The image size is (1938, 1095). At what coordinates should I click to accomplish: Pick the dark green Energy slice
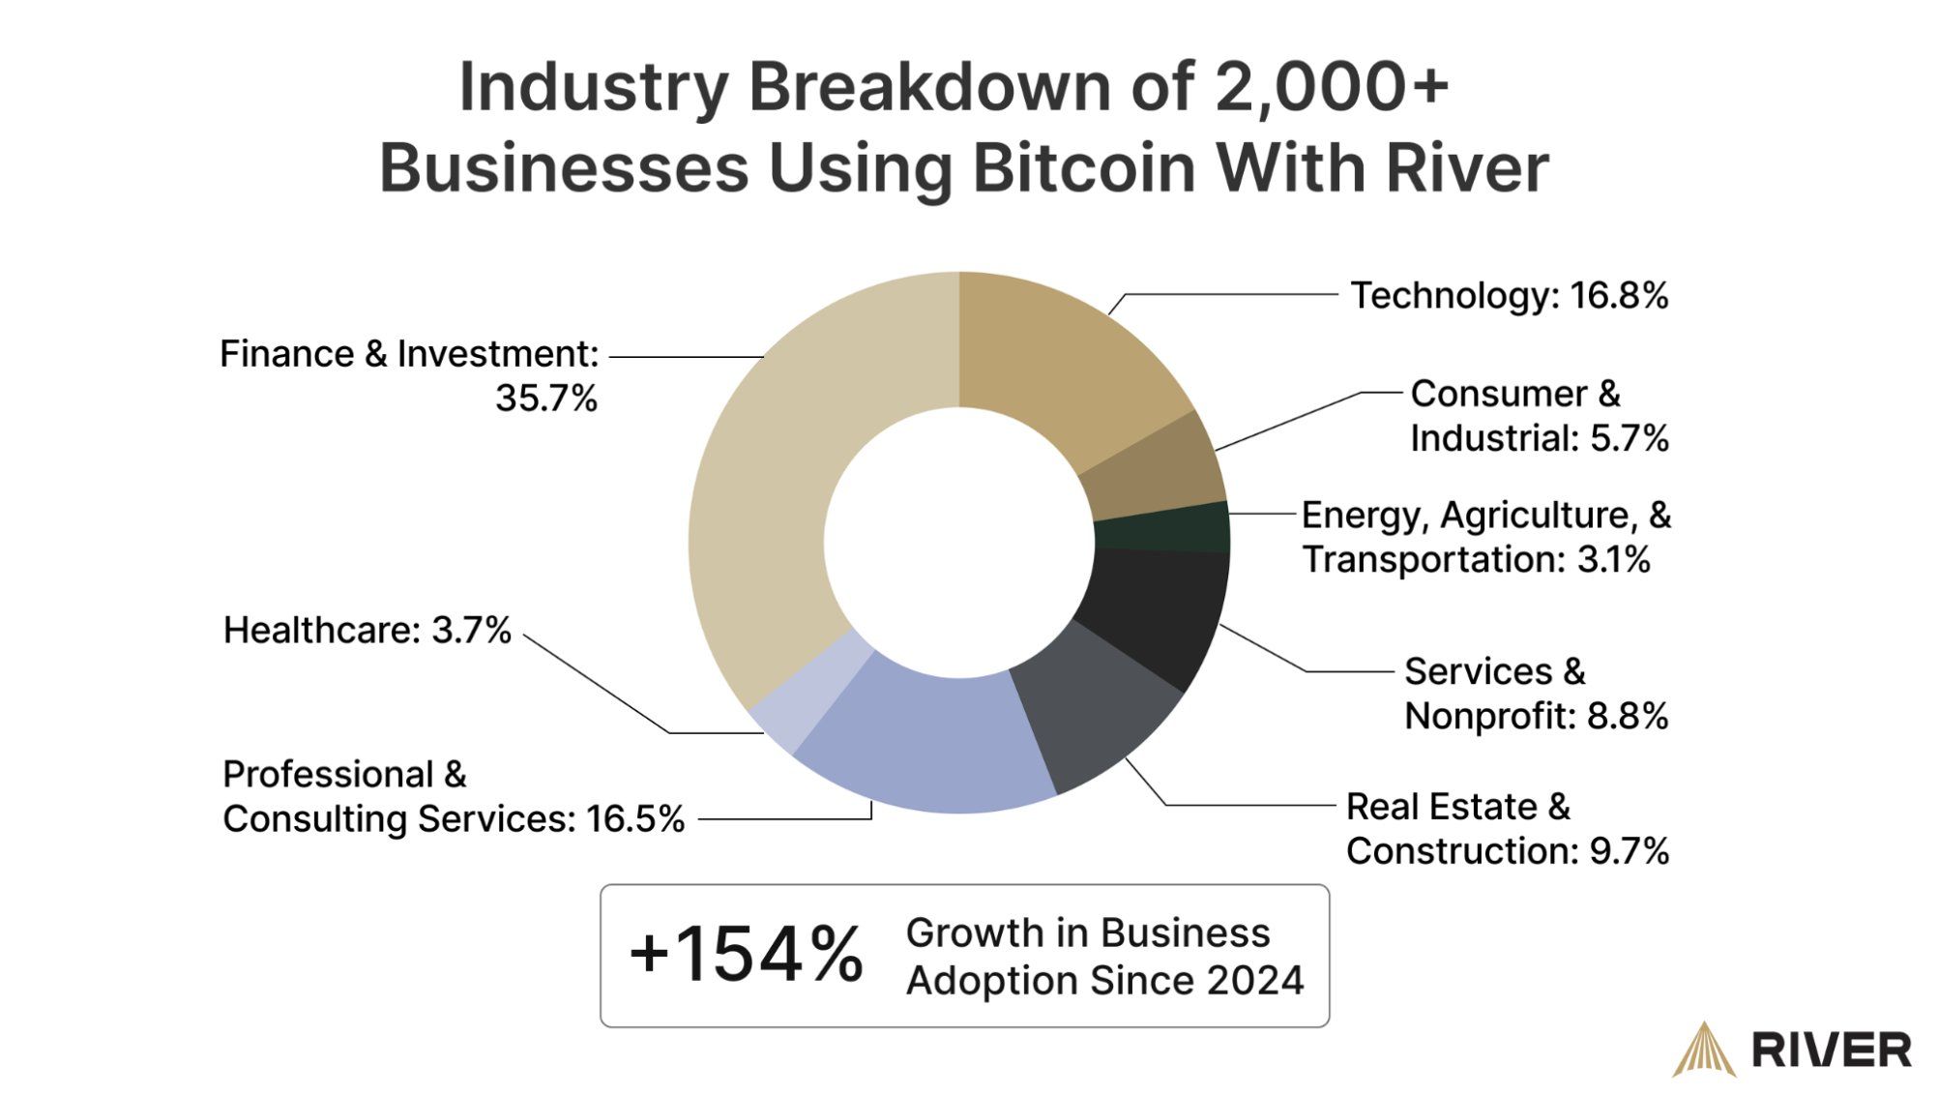click(1160, 527)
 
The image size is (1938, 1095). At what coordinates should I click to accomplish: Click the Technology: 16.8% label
click(1509, 296)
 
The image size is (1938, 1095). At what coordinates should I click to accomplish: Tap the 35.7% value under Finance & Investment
click(546, 399)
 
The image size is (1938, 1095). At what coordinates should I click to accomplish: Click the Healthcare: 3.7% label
click(367, 631)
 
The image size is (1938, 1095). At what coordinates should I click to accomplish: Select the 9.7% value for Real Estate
click(1630, 852)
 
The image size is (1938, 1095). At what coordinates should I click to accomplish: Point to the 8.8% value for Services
click(1630, 717)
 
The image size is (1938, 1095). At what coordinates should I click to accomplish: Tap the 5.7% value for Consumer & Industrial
click(1630, 439)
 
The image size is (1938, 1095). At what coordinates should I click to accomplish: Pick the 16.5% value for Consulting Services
click(634, 819)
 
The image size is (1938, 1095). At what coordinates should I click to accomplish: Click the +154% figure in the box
click(746, 956)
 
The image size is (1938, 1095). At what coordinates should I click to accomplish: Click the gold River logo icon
click(1704, 1050)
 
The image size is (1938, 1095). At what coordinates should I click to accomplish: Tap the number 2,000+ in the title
click(1331, 87)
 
